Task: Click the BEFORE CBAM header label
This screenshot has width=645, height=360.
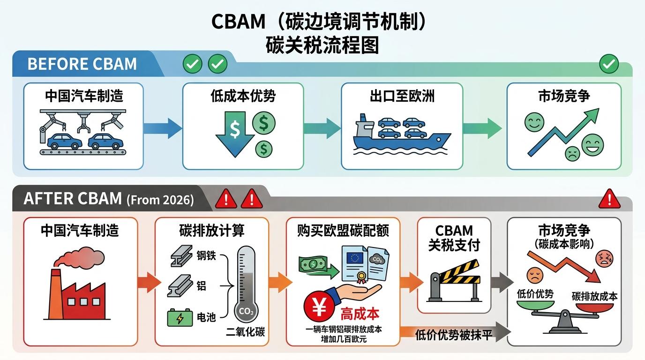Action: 82,64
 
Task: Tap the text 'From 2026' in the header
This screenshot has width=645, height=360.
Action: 160,200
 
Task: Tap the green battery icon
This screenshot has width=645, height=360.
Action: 180,318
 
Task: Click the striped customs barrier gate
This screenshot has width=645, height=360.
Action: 454,284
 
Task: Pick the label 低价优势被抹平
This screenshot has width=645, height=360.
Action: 453,335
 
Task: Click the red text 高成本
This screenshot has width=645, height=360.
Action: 360,313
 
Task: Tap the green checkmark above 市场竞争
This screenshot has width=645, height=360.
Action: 609,64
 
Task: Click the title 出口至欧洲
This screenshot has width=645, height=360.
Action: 402,97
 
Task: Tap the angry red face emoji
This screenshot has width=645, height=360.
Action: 604,258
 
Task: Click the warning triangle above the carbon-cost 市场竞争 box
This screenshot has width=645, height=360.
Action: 609,199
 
